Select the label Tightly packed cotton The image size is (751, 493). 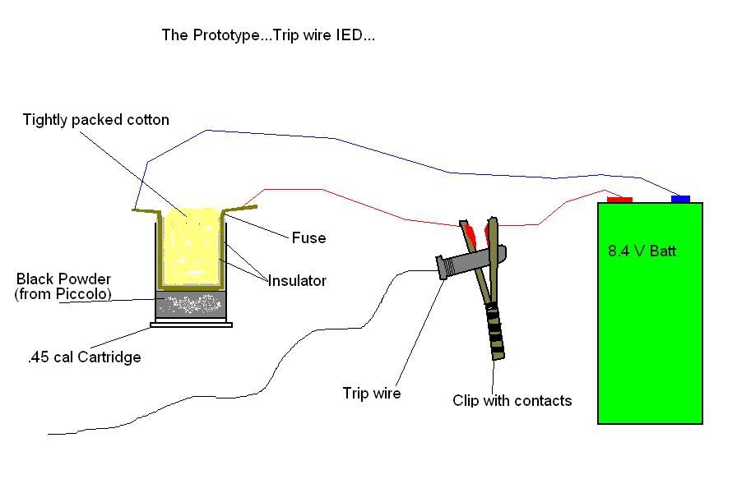coord(95,120)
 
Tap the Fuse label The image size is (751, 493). coord(308,238)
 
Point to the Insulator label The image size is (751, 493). coord(297,281)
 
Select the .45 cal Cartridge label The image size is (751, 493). coord(83,357)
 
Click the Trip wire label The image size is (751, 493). coord(371,394)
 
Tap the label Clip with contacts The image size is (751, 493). coord(512,401)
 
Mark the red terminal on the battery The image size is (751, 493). coord(619,199)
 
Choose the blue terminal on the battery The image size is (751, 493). coord(680,199)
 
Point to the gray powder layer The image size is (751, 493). coord(192,306)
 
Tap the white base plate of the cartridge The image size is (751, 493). coord(191,325)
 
